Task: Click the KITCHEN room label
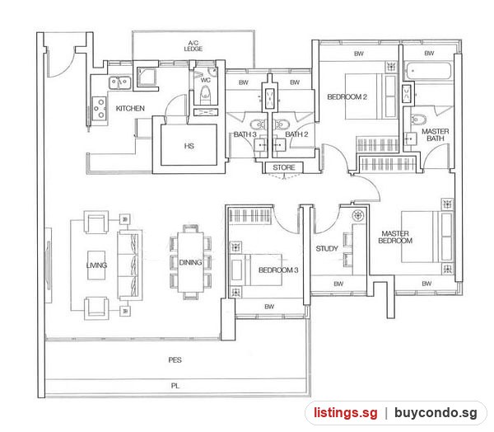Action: (130, 109)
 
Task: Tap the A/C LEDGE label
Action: (193, 46)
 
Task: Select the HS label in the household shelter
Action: (189, 146)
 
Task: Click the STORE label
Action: (284, 167)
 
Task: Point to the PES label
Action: (175, 360)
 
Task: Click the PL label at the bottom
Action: (175, 386)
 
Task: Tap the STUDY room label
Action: (327, 249)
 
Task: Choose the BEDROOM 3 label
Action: (278, 270)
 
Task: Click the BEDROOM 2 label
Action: (347, 97)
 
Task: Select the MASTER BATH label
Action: (436, 134)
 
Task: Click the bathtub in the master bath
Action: (428, 72)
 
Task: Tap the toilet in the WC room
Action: (205, 94)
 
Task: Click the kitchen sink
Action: (120, 82)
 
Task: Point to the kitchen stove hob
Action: (100, 109)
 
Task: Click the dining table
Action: (191, 262)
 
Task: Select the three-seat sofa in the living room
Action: (130, 265)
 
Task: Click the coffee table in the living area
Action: (96, 265)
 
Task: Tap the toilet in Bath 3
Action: (258, 124)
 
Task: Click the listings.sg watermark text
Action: (345, 413)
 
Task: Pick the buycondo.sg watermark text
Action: (436, 413)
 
